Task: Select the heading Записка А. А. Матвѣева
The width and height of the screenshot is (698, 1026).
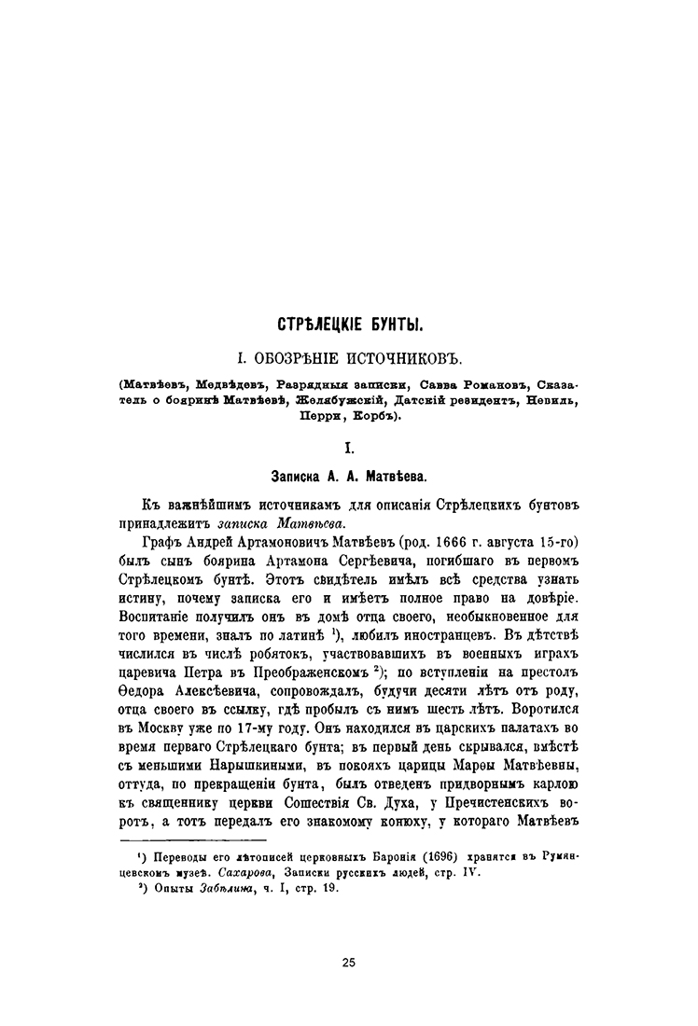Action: coord(348,476)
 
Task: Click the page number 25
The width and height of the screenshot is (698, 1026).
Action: coord(348,962)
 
